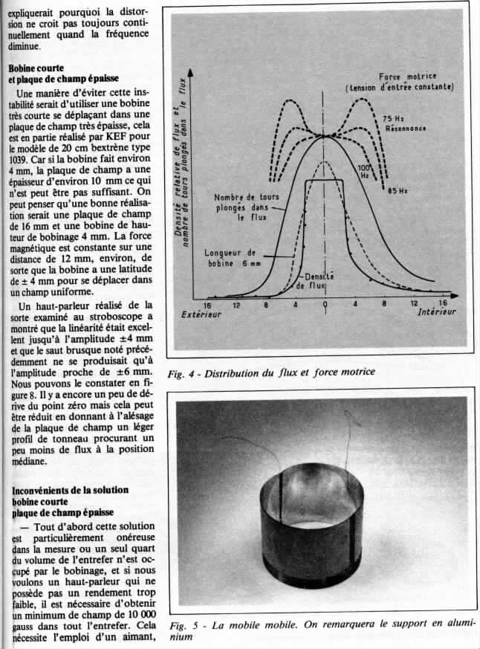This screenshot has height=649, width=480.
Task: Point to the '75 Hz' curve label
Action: pyautogui.click(x=392, y=118)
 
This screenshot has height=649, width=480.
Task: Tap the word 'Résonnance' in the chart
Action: pyautogui.click(x=406, y=128)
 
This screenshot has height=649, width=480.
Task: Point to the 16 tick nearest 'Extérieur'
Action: pyautogui.click(x=208, y=305)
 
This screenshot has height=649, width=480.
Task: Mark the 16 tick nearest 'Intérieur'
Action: pyautogui.click(x=443, y=304)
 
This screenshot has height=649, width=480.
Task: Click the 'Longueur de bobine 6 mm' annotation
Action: pyautogui.click(x=231, y=256)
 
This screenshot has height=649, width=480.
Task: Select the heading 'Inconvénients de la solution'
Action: pyautogui.click(x=70, y=491)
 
